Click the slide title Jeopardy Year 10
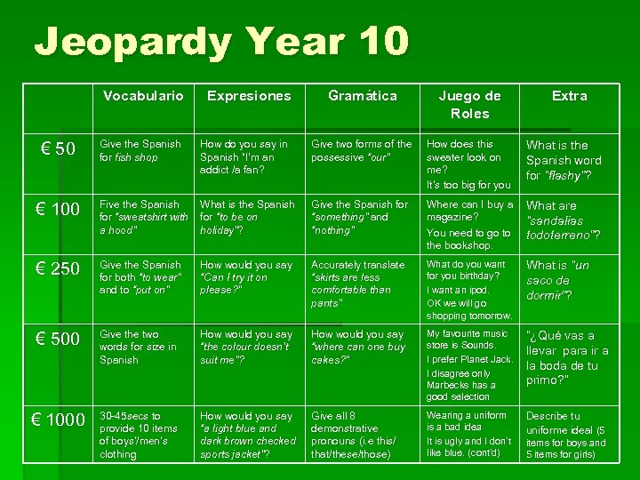(x=221, y=41)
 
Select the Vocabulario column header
(x=142, y=95)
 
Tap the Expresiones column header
(x=249, y=95)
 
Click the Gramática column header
(x=362, y=95)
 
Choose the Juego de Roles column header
(x=469, y=104)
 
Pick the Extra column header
(x=569, y=95)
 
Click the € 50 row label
(x=59, y=148)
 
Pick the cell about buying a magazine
(x=469, y=224)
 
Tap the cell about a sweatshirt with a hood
(x=142, y=217)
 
